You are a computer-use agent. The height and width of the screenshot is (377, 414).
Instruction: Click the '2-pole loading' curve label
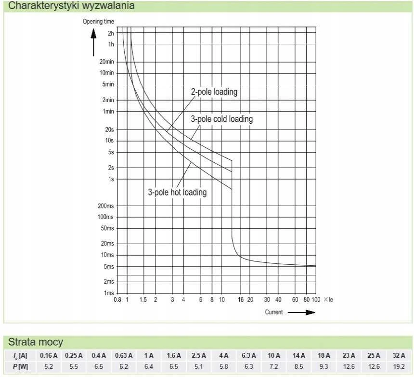click(214, 92)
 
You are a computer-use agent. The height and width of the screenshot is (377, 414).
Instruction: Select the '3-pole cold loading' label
click(222, 119)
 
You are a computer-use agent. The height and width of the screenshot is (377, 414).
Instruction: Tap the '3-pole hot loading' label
click(177, 192)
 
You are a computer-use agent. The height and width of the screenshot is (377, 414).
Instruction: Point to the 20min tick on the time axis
click(107, 62)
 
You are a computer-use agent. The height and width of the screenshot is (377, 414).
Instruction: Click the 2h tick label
click(111, 33)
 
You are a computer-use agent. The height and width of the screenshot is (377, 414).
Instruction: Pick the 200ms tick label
click(105, 206)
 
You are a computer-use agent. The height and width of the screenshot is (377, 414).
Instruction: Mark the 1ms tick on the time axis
click(109, 293)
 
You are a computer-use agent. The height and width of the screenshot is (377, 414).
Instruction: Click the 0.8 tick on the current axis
click(117, 299)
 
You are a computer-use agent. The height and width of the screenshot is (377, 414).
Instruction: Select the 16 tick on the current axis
click(241, 299)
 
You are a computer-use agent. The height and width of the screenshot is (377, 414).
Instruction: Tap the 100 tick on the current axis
click(316, 299)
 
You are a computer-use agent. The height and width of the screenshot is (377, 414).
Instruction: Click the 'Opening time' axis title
click(98, 22)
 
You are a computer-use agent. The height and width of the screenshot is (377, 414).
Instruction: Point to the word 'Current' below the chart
click(274, 312)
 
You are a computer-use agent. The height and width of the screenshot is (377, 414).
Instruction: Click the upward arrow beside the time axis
click(93, 42)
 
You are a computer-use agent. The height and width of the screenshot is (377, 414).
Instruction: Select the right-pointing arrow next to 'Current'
click(301, 312)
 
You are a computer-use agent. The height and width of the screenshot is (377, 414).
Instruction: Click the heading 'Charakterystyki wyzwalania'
click(71, 6)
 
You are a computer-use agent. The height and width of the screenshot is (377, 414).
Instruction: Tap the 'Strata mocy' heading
click(36, 342)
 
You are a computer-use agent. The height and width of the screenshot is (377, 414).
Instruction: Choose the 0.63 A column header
click(124, 356)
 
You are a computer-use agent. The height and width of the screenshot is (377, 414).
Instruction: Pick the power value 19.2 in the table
click(399, 367)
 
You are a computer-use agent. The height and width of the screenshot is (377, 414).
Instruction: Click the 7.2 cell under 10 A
click(274, 367)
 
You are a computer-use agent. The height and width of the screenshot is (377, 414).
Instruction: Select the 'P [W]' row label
click(20, 367)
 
